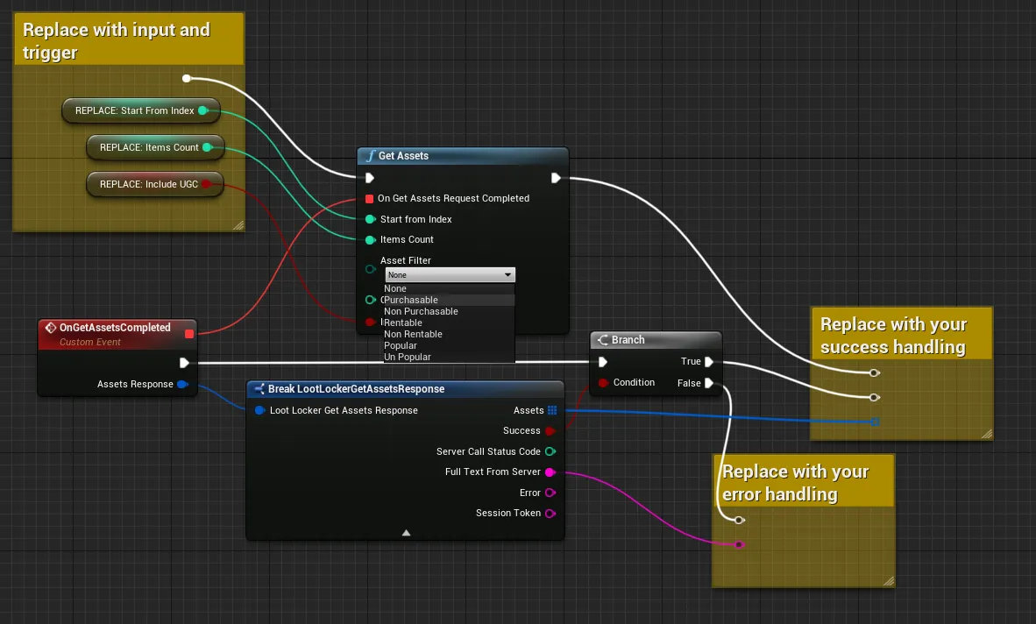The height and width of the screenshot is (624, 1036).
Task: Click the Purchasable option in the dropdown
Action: (410, 300)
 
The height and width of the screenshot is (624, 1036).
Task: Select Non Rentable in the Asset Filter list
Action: (413, 334)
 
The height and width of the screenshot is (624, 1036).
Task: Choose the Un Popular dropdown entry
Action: (407, 358)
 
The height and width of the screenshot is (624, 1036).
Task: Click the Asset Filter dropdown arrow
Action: (507, 274)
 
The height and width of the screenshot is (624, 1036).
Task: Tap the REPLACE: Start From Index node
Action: (141, 110)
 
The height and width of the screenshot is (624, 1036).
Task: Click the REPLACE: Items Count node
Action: (155, 147)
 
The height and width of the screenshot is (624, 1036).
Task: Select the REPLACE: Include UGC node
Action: (155, 184)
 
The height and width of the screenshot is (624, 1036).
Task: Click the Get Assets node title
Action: (403, 156)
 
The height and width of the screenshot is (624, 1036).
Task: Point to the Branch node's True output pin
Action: (709, 361)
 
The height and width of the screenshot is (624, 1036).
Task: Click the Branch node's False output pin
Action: (709, 383)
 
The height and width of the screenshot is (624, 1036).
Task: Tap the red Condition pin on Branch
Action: (602, 383)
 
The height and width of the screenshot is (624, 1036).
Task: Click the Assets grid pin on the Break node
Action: (552, 410)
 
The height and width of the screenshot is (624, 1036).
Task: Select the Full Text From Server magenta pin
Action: (550, 472)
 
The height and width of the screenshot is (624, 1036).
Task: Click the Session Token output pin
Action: (550, 513)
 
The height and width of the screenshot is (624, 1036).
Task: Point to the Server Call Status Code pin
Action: (550, 451)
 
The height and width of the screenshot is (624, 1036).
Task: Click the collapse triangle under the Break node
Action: (407, 533)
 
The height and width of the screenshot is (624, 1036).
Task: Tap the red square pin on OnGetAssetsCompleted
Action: (189, 334)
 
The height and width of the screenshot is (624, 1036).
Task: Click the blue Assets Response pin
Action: (182, 385)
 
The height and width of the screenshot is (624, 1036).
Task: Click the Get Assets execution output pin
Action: (556, 178)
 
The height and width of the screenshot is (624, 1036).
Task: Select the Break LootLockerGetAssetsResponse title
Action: (356, 389)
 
